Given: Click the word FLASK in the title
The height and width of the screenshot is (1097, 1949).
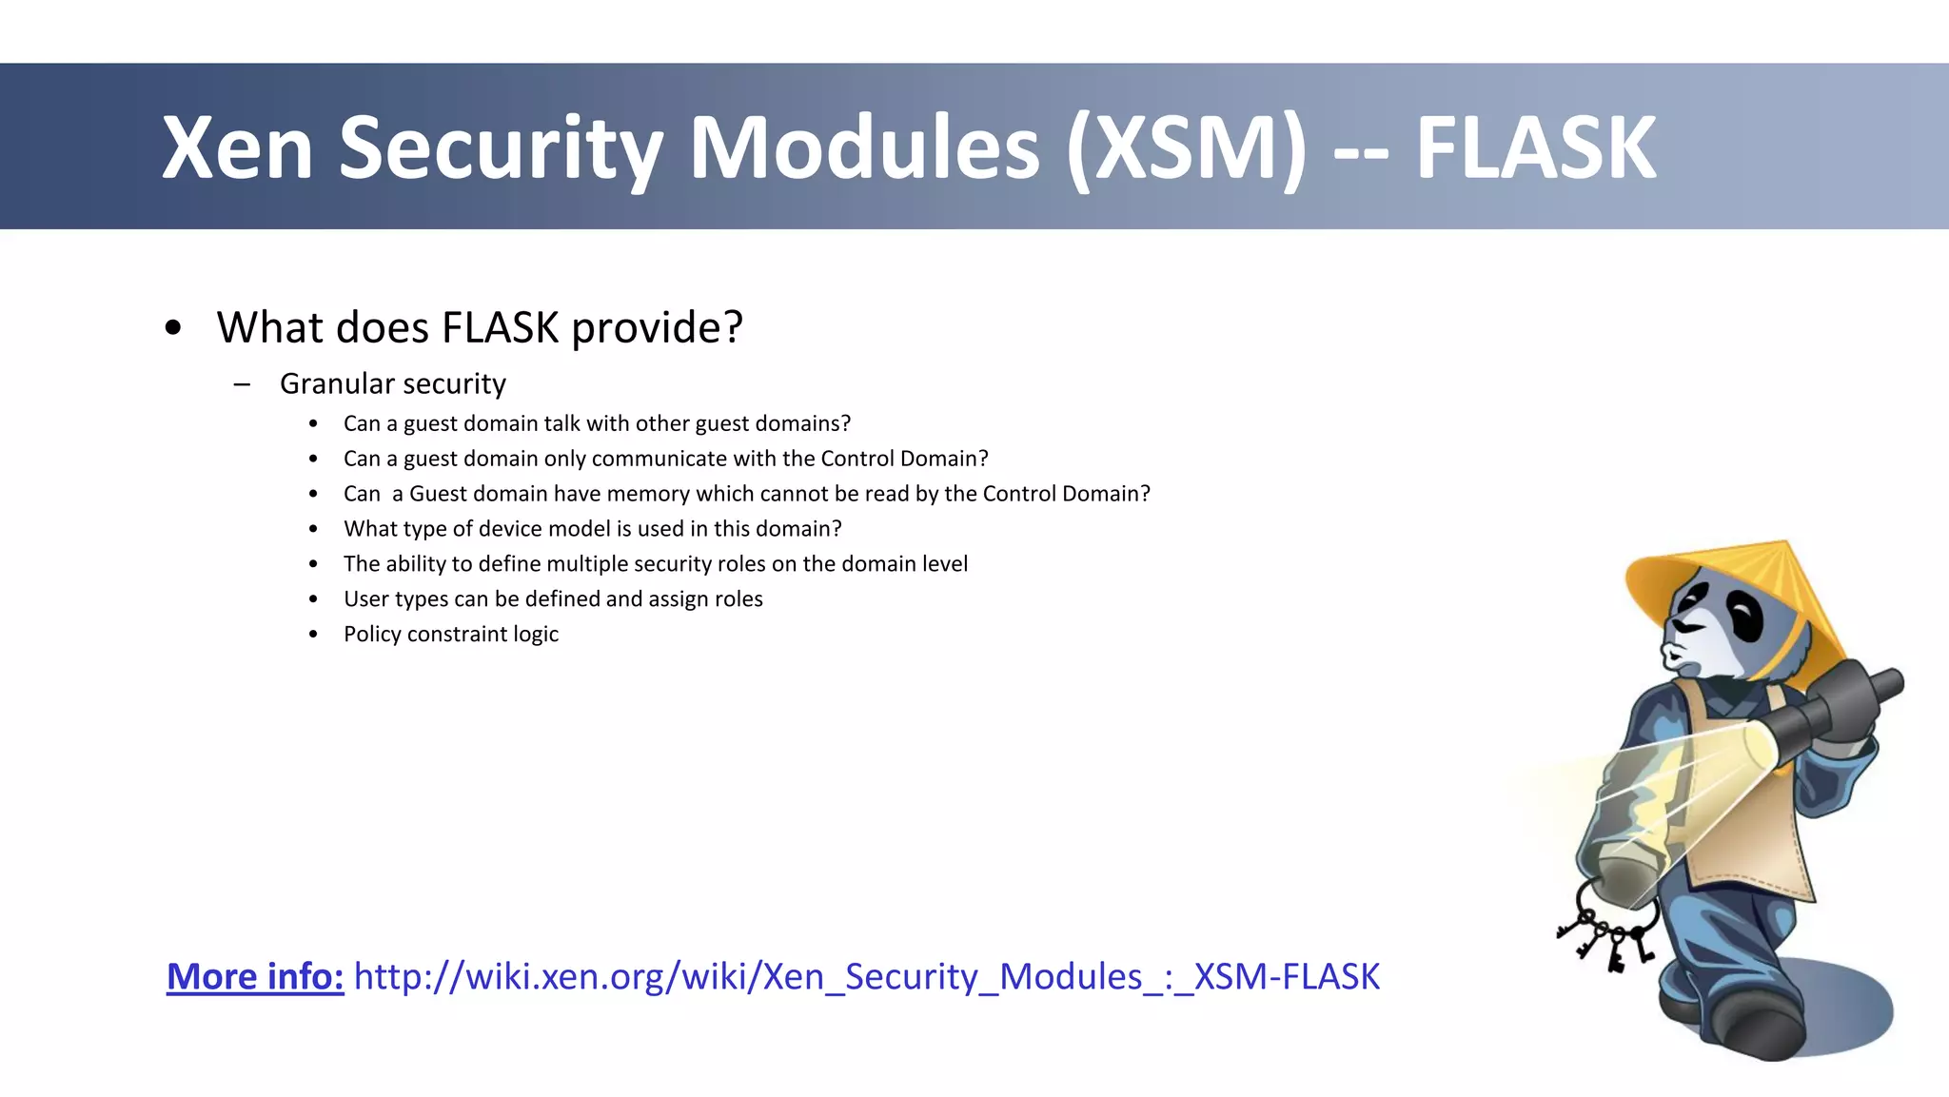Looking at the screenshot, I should [1535, 147].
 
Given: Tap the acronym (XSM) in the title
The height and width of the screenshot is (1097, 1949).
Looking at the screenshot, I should [1187, 149].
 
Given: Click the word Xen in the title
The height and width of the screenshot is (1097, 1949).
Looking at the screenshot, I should [237, 147].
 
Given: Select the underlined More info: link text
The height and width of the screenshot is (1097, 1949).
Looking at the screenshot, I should [255, 977].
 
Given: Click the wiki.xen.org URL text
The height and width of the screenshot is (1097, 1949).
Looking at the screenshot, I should [866, 977].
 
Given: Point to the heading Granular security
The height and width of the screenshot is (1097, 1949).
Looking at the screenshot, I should [392, 383].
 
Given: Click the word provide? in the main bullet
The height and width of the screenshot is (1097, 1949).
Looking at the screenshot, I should [657, 328].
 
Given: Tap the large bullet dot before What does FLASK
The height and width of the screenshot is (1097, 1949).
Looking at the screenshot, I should [172, 328].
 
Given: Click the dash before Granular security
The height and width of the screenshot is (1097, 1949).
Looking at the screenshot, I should [242, 384].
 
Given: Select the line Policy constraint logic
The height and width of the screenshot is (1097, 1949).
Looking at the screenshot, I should [450, 635].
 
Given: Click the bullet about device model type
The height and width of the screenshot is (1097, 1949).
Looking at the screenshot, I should [592, 529].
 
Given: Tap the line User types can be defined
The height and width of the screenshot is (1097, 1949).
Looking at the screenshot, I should [553, 599].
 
